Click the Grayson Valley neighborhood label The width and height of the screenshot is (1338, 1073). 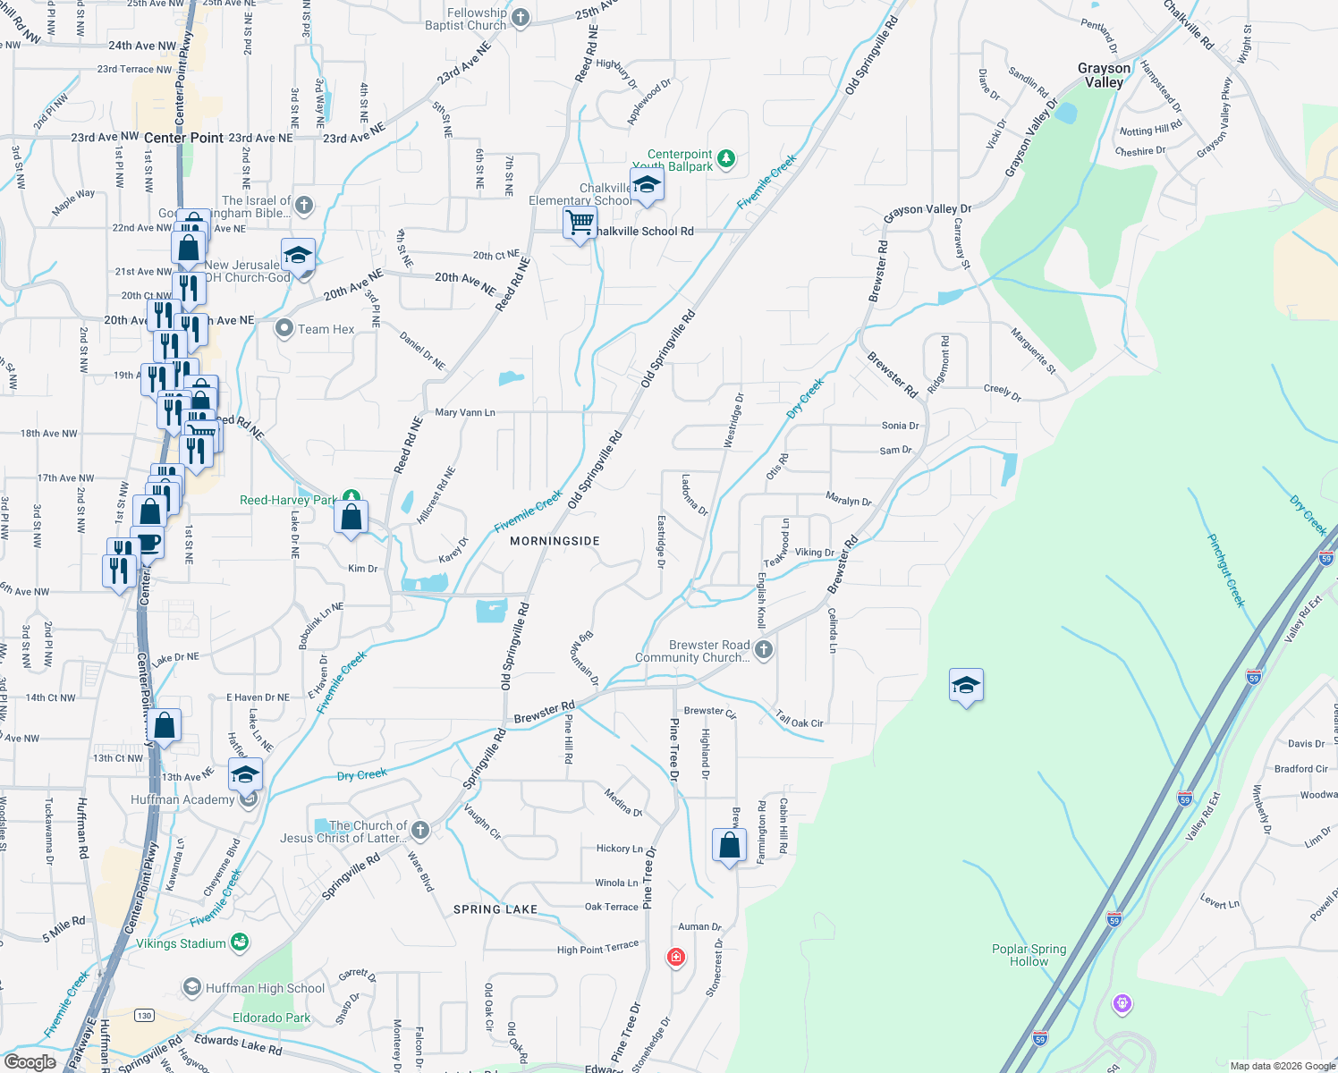(x=1104, y=75)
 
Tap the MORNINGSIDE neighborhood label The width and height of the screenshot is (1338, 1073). (x=555, y=541)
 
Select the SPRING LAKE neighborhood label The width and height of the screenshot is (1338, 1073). (x=495, y=909)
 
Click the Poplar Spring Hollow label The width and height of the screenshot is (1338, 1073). (x=1029, y=955)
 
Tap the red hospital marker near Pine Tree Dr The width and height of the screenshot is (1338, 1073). (x=676, y=958)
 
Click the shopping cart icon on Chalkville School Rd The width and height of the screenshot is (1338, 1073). (x=580, y=224)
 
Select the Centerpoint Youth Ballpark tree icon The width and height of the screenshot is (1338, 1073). (x=727, y=159)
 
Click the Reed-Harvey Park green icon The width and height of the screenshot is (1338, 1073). (x=351, y=497)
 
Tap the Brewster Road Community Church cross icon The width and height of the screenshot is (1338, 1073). (x=763, y=650)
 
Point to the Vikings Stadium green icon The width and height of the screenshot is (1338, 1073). (x=239, y=942)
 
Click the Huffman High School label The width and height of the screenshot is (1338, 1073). (x=265, y=988)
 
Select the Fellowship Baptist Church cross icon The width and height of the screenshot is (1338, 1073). (x=521, y=18)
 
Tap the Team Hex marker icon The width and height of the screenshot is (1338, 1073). (x=284, y=329)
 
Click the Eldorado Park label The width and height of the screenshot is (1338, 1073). (x=272, y=1018)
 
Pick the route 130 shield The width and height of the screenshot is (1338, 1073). (x=144, y=1015)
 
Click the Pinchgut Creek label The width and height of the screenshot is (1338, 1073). (x=1225, y=570)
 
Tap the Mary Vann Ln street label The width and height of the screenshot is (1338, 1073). (x=465, y=412)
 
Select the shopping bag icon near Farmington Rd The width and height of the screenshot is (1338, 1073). (x=730, y=845)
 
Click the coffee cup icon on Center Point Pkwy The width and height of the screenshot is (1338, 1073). (x=148, y=543)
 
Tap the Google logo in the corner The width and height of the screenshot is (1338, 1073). (x=30, y=1062)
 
